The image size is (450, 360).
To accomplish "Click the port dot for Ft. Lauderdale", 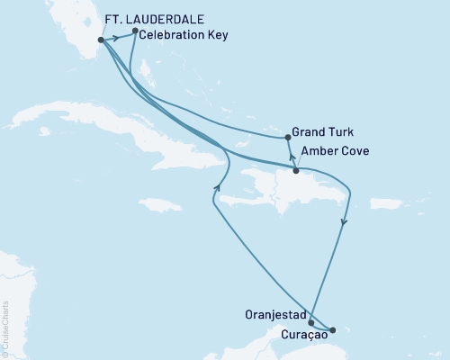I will pyautogui.click(x=100, y=40).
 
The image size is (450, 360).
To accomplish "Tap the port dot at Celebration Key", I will pyautogui.click(x=134, y=31).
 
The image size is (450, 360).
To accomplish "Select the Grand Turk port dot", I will pyautogui.click(x=287, y=138).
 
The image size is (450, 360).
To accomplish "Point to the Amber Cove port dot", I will pyautogui.click(x=296, y=170).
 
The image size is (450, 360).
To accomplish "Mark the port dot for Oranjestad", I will pyautogui.click(x=310, y=322).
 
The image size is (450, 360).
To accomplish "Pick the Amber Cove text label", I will pyautogui.click(x=335, y=151).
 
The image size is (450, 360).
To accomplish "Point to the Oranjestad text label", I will pyautogui.click(x=274, y=315).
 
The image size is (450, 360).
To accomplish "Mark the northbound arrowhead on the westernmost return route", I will pyautogui.click(x=217, y=186).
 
